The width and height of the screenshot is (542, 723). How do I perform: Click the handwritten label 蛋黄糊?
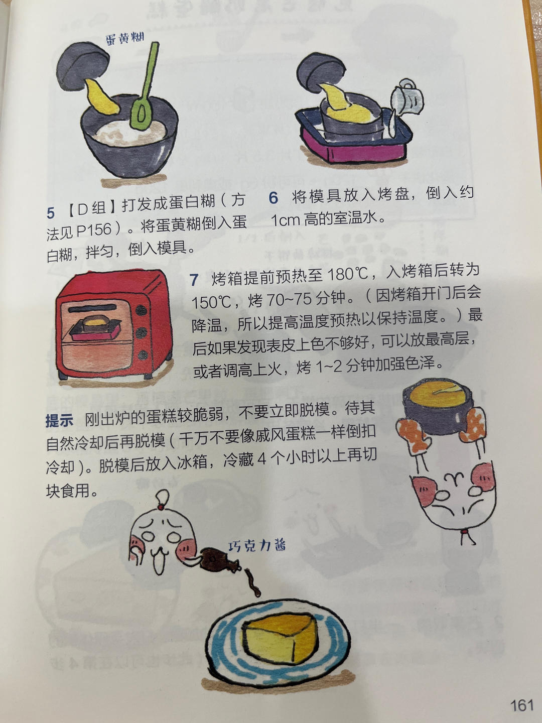(125, 38)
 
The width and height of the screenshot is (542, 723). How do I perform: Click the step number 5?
(51, 213)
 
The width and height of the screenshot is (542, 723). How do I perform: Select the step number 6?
(273, 198)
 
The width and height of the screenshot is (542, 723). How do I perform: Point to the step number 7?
(194, 280)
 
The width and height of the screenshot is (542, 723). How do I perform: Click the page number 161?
(521, 705)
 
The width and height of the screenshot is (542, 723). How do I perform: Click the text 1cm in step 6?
(286, 220)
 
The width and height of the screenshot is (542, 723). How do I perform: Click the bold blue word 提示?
(59, 420)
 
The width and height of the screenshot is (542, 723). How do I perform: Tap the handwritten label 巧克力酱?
(257, 546)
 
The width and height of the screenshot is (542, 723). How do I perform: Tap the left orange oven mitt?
(413, 435)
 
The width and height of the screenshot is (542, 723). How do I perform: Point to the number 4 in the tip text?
(261, 459)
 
